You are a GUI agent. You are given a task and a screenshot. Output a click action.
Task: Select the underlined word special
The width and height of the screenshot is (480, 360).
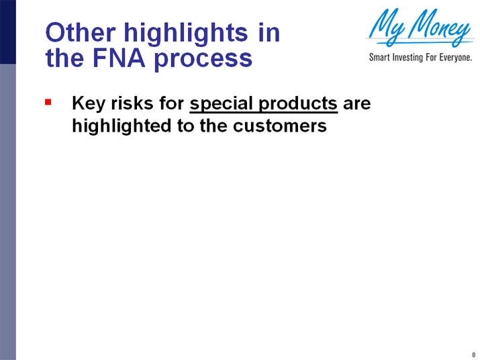(224, 105)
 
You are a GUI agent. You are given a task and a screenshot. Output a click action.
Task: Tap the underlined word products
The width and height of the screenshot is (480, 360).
(299, 105)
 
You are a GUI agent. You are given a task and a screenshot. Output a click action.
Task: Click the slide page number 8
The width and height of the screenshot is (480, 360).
(473, 354)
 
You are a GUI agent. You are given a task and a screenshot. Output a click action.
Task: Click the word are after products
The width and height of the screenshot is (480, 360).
(356, 104)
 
